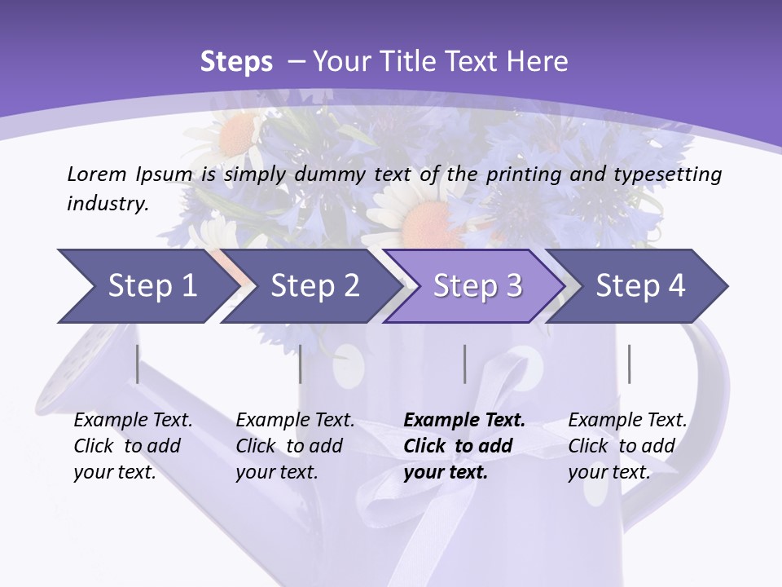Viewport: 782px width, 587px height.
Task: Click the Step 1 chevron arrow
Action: click(x=147, y=286)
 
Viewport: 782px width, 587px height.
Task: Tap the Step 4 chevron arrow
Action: click(x=639, y=286)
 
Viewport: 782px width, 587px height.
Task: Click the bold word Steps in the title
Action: click(x=236, y=62)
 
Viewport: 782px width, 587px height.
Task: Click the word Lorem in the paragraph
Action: click(x=96, y=174)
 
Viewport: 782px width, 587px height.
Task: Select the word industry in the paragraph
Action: click(x=107, y=204)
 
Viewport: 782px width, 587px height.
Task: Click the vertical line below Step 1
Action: click(x=138, y=364)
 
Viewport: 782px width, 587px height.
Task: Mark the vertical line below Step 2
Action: click(x=301, y=364)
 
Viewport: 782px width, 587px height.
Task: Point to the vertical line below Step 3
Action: click(x=465, y=364)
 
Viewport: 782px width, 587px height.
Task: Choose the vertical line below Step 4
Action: click(x=630, y=364)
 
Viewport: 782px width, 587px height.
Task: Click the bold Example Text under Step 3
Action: click(x=464, y=421)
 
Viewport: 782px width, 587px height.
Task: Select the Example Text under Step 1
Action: click(x=133, y=421)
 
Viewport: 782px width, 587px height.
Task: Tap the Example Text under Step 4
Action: click(x=627, y=421)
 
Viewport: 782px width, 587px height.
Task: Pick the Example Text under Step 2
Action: click(x=295, y=421)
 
